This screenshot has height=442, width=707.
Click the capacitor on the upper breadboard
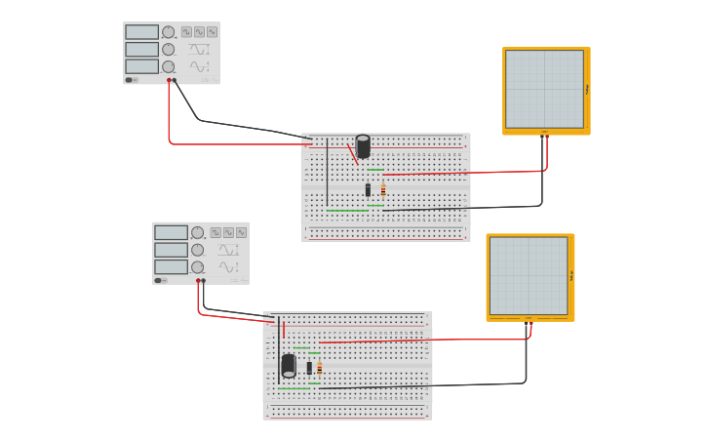363,146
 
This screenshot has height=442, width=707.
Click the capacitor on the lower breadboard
289,366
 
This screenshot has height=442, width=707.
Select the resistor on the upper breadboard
383,190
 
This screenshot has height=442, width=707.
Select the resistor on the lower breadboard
319,368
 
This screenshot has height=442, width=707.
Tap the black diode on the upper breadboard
368,190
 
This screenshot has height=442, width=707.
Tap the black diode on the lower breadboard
309,368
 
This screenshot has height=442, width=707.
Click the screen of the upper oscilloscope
544,89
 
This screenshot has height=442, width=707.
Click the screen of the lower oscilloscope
528,275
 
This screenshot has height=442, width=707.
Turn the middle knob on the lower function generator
197,250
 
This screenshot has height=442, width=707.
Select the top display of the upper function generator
141,32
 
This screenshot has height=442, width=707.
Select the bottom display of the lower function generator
171,266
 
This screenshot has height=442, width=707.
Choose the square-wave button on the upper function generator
186,32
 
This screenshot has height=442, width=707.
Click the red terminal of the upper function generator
169,80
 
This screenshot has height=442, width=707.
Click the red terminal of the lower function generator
198,280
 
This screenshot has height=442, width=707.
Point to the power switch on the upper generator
132,80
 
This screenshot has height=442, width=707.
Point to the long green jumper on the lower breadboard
294,388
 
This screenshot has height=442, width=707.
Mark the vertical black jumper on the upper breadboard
328,173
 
